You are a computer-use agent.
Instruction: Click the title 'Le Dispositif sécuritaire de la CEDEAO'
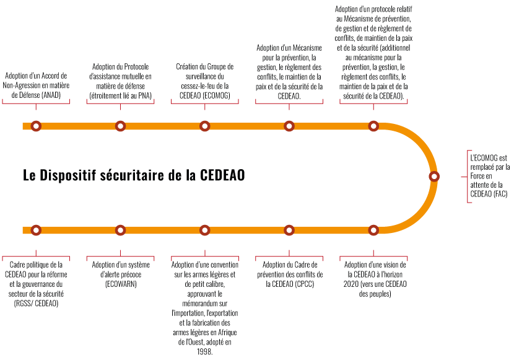click(134, 175)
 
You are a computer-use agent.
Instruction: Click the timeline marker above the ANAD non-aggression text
click(36, 126)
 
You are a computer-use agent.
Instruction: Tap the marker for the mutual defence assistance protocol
click(120, 126)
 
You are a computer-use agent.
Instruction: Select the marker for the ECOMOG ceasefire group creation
click(204, 126)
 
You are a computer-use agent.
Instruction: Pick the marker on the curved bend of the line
click(433, 176)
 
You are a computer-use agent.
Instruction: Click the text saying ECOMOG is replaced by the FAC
click(492, 177)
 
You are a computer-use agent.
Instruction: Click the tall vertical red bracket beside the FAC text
click(468, 177)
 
